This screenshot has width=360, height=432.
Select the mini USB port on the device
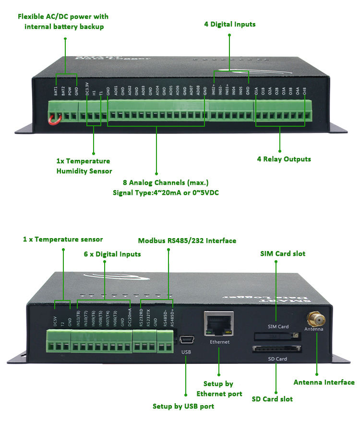click(x=187, y=340)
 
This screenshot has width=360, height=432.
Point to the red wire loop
click(x=54, y=116)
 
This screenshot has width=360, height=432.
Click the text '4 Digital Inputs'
click(x=229, y=24)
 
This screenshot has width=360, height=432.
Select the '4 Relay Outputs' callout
click(x=284, y=159)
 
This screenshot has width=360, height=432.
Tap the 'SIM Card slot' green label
click(x=283, y=253)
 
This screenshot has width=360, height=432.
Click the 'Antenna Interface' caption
click(x=324, y=382)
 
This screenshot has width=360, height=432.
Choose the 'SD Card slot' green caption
click(x=272, y=398)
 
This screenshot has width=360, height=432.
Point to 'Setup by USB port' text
click(x=183, y=406)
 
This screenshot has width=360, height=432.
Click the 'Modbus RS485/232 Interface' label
click(x=187, y=240)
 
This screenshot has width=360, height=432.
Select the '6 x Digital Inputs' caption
click(x=112, y=254)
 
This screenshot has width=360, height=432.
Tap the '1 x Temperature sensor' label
click(x=63, y=239)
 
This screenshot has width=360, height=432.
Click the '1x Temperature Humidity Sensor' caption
click(x=84, y=166)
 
